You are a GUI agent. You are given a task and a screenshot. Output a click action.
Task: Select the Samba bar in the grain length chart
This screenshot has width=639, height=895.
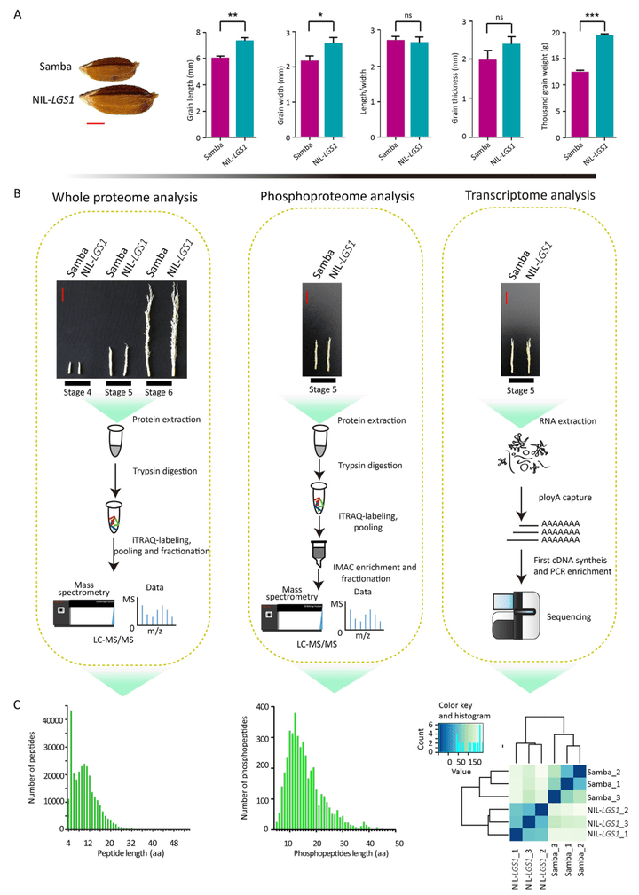point(217,98)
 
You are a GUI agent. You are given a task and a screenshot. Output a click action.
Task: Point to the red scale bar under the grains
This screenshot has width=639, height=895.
point(96,123)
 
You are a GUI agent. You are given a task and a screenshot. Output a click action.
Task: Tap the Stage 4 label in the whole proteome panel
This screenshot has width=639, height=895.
point(68,391)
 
